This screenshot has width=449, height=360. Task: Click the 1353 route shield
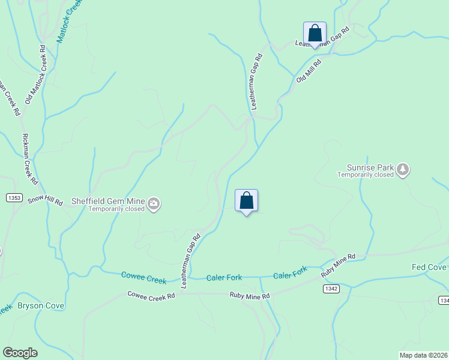pos(14,197)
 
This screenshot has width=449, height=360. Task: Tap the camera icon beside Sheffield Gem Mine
pos(154,205)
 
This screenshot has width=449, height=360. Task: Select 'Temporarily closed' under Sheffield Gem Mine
pos(116,209)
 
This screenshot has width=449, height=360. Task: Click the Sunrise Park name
pos(370,167)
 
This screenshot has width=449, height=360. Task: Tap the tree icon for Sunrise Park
pos(403,170)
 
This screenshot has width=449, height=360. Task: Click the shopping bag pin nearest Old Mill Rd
pos(315,34)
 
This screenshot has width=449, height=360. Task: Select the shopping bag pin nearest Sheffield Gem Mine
pos(246,201)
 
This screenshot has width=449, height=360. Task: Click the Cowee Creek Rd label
pos(151,295)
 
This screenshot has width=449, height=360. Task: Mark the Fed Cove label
pos(429,267)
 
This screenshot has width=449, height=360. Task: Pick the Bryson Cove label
pos(41,305)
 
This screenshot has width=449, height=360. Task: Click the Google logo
pos(20,353)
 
